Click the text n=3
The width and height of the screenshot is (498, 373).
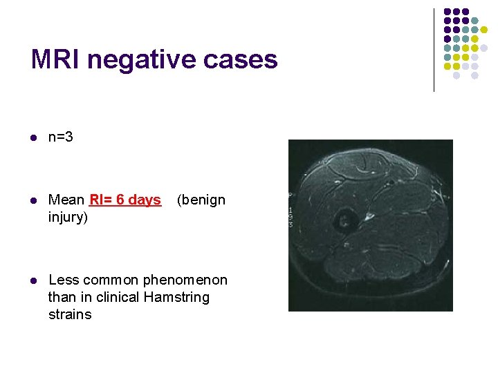coord(61,137)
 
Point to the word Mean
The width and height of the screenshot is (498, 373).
coord(66,200)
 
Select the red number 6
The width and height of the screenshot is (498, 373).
coord(120,200)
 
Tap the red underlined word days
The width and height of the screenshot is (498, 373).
coord(145,200)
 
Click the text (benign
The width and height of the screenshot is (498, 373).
coord(201,200)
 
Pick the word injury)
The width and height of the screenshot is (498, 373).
coord(68,218)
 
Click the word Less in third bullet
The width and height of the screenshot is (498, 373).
coord(64,280)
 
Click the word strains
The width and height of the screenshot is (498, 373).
coord(70,314)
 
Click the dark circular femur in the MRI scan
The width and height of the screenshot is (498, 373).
coord(342,222)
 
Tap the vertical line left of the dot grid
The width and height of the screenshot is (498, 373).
coord(434,50)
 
